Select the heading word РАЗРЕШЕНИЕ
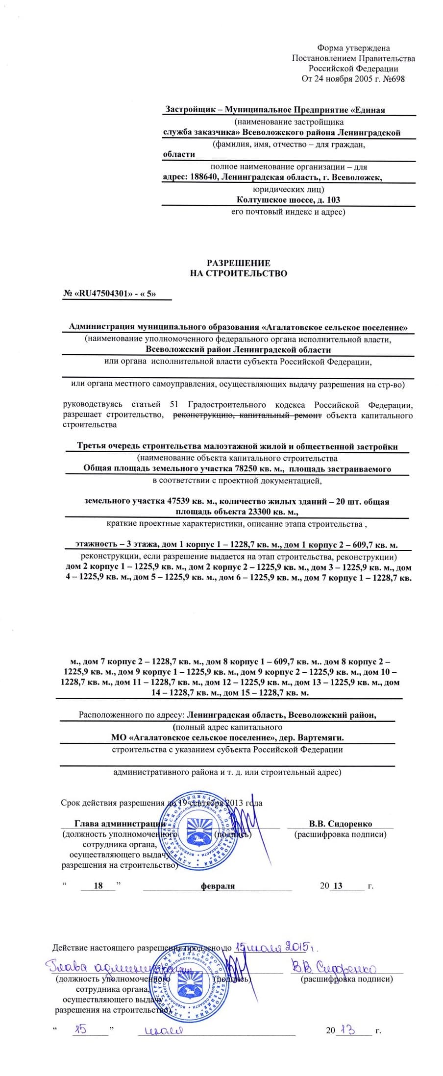coord(238,263)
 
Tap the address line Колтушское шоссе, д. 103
coord(288,200)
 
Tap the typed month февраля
coord(217,886)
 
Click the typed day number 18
coord(98,885)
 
